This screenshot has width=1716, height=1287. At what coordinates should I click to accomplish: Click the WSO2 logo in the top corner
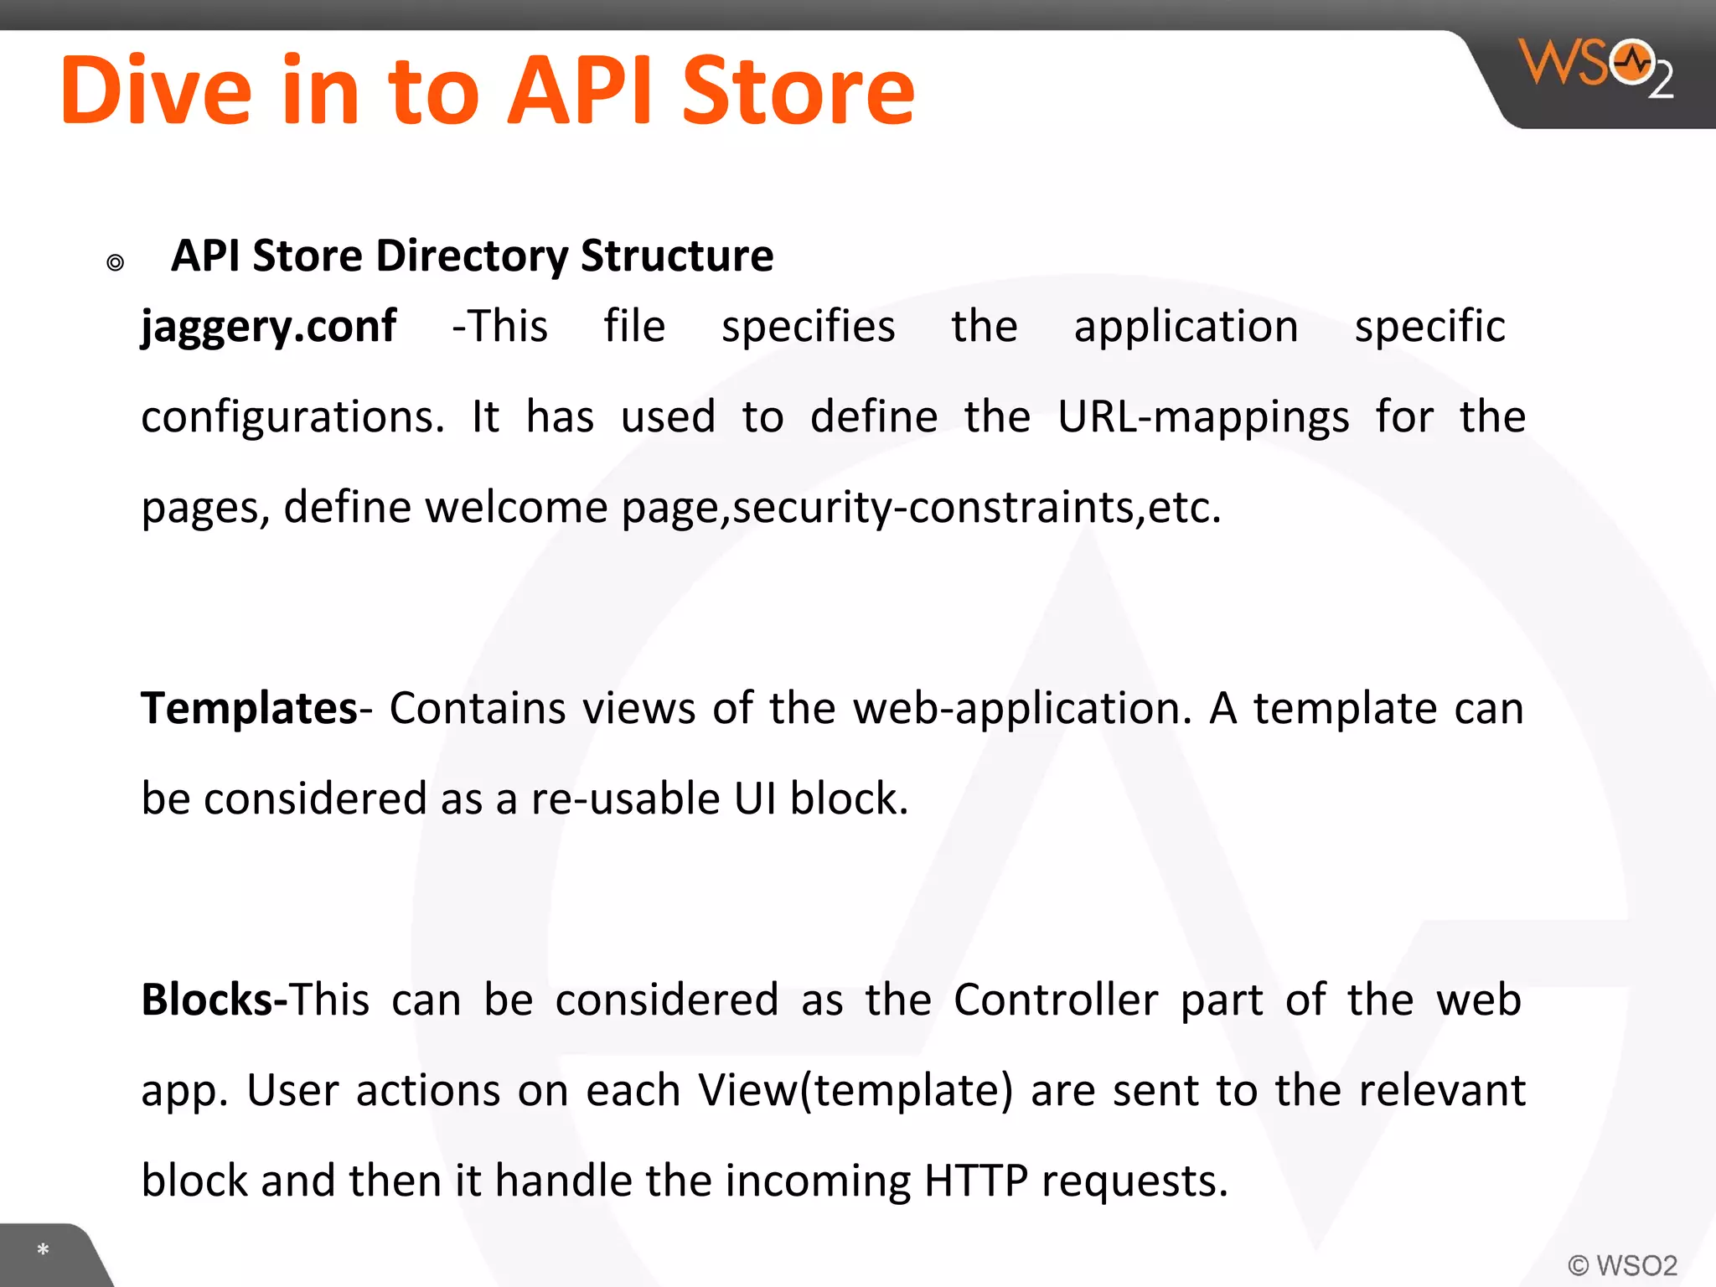click(x=1595, y=67)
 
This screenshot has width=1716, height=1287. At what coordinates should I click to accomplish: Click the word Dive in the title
click(x=156, y=90)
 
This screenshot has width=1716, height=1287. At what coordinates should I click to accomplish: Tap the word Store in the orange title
click(x=798, y=90)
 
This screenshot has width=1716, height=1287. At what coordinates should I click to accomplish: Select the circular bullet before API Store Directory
click(x=116, y=263)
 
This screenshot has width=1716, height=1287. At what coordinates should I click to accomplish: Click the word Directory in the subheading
click(x=472, y=256)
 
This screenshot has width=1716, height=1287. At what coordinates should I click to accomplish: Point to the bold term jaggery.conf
click(x=268, y=327)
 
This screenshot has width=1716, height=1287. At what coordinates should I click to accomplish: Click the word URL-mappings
click(x=1202, y=417)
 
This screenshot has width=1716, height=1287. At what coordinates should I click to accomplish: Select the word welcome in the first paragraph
click(x=516, y=508)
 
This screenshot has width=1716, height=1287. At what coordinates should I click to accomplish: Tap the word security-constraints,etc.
click(x=977, y=508)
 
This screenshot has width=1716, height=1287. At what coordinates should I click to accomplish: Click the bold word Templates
click(x=250, y=708)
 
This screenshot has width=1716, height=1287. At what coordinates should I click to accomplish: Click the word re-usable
click(x=625, y=799)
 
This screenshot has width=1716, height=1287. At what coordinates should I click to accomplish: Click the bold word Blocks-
click(x=214, y=1000)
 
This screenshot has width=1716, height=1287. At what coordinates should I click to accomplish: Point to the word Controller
click(x=1056, y=1000)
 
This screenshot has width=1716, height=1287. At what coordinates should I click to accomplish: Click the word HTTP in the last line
click(x=975, y=1181)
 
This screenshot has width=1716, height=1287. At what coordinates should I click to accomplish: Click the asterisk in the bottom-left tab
click(x=43, y=1250)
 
